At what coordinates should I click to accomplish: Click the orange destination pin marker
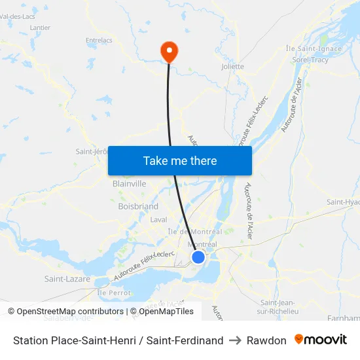pyautogui.click(x=169, y=50)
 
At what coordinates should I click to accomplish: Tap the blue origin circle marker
pyautogui.click(x=198, y=257)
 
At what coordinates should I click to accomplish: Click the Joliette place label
pyautogui.click(x=233, y=66)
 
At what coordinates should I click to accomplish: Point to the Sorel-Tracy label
pyautogui.click(x=310, y=60)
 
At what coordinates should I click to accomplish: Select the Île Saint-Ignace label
pyautogui.click(x=314, y=48)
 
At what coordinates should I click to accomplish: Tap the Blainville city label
pyautogui.click(x=130, y=184)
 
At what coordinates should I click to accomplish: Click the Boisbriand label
pyautogui.click(x=138, y=206)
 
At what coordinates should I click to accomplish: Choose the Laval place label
pyautogui.click(x=158, y=220)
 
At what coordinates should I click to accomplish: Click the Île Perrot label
pyautogui.click(x=114, y=293)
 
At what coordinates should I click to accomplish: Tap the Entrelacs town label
pyautogui.click(x=99, y=40)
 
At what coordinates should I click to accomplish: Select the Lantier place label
pyautogui.click(x=40, y=27)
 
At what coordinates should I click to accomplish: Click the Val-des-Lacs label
pyautogui.click(x=18, y=16)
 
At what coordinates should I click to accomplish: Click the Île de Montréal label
pyautogui.click(x=195, y=232)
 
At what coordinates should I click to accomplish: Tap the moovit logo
pyautogui.click(x=321, y=340)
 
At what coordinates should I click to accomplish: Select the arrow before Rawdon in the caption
pyautogui.click(x=236, y=340)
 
